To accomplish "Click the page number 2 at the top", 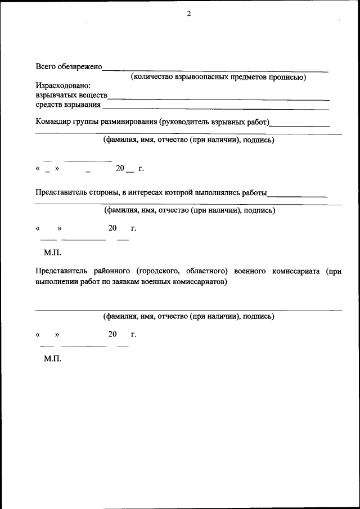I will [x=189, y=14].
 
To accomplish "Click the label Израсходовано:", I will [x=62, y=85].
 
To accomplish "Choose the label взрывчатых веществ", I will [x=71, y=95].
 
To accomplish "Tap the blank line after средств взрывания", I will [x=217, y=108].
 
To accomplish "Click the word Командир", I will [x=53, y=121].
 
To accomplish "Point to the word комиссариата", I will [x=298, y=272].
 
